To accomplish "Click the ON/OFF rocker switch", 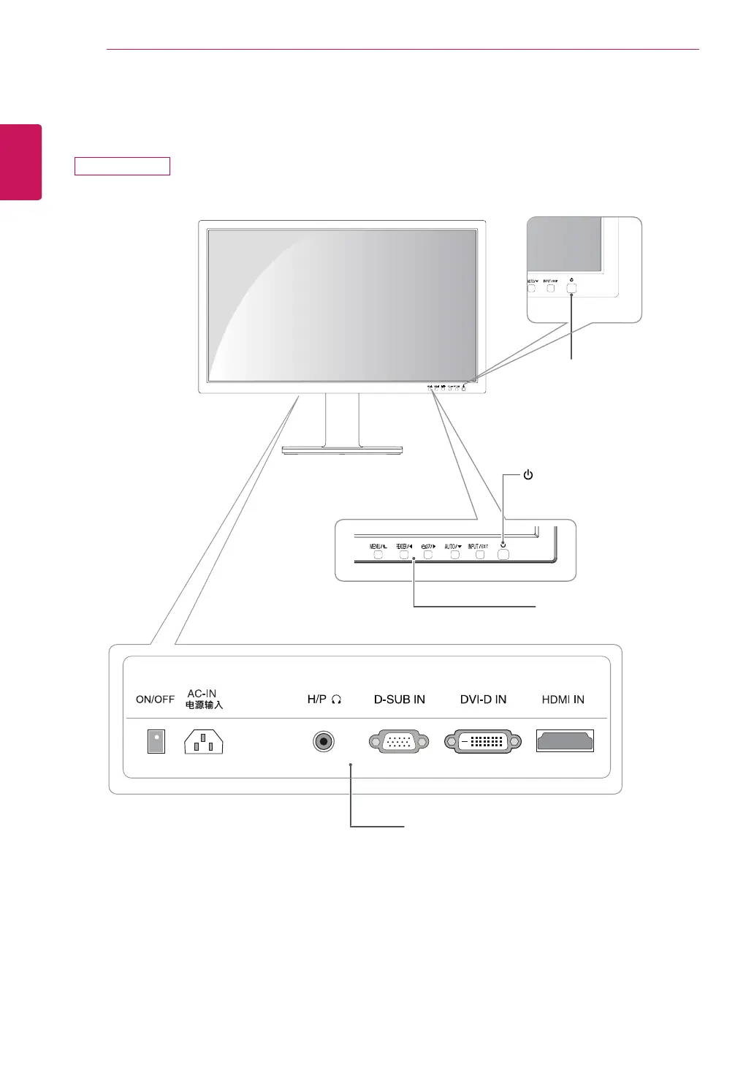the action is [156, 741].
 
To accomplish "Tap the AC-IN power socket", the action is [204, 742].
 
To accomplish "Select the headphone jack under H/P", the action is [324, 742].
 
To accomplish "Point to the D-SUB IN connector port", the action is [399, 742].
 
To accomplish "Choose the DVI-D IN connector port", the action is [483, 742].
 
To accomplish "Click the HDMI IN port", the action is [565, 741].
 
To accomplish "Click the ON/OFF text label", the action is [155, 700].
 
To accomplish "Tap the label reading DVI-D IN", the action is [483, 700].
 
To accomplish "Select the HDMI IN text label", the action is [563, 700].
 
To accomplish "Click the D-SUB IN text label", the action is [399, 700].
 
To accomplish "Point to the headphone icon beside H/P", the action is [336, 700].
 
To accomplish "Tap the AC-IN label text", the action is [202, 694].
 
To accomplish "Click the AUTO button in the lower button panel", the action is [454, 555].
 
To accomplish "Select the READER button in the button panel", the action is [403, 555].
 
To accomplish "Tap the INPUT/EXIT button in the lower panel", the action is [480, 555].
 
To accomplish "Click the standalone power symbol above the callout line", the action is [528, 475].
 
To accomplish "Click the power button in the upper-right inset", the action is [571, 288].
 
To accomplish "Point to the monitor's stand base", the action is [342, 450].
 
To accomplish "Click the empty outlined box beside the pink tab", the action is [122, 166].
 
